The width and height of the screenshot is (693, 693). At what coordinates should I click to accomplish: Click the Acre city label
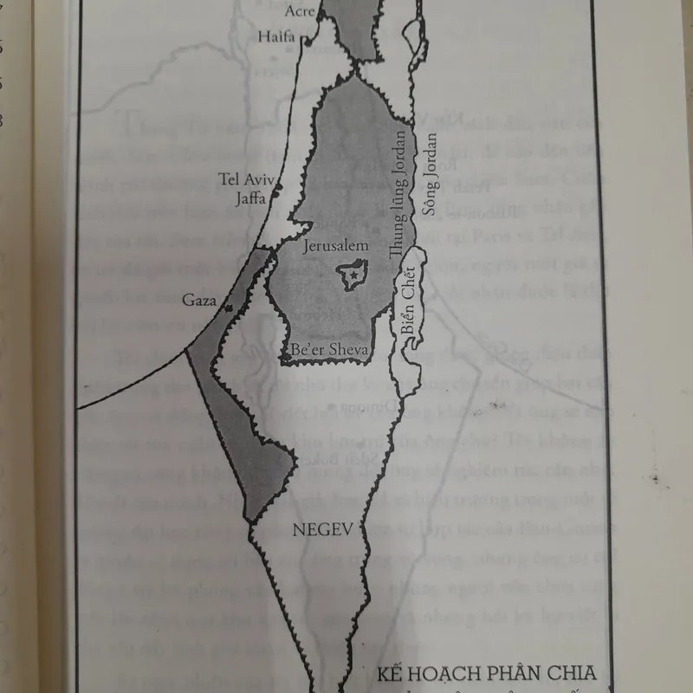300,11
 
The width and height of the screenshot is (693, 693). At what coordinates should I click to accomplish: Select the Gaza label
198,301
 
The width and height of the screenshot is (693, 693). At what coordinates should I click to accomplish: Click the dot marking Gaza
228,307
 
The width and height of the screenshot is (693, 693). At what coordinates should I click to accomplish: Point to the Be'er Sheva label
329,350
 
